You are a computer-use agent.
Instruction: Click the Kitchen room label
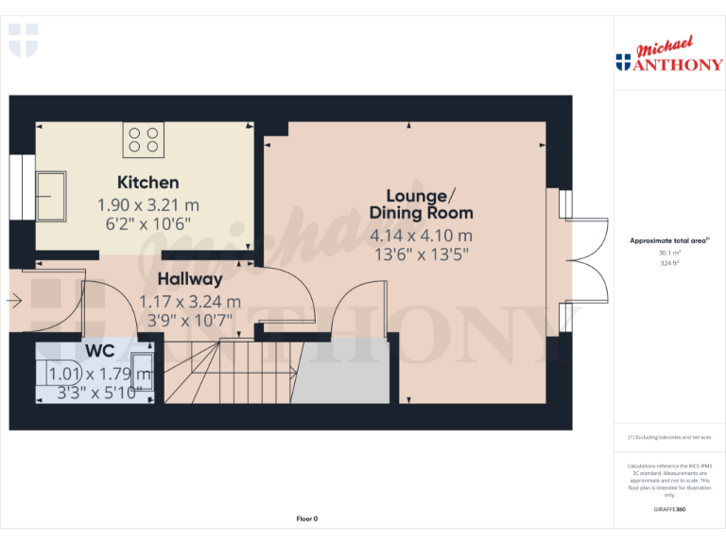click(147, 182)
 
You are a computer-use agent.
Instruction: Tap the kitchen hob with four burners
click(144, 140)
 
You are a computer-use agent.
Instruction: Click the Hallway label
click(190, 279)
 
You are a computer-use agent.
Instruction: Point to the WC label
click(99, 351)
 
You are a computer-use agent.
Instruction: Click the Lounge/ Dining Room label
click(422, 204)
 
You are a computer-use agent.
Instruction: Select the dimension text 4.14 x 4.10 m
click(422, 236)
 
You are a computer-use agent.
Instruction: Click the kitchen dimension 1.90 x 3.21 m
click(148, 204)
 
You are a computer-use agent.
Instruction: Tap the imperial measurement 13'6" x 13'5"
click(422, 255)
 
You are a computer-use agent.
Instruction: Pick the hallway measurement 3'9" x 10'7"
click(190, 320)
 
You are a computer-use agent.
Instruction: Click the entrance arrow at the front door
click(13, 301)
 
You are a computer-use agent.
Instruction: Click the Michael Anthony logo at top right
click(669, 57)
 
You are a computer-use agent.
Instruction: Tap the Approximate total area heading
click(669, 241)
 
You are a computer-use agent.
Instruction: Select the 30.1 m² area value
click(669, 253)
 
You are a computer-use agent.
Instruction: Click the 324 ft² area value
click(669, 264)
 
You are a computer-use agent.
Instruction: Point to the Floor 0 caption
click(307, 519)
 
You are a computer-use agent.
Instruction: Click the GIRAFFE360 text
click(669, 510)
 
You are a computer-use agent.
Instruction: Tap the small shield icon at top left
click(24, 40)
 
